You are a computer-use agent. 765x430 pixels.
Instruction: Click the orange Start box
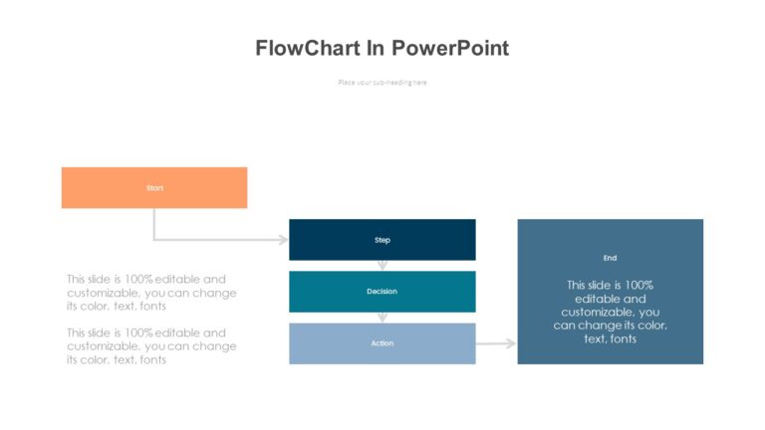(x=153, y=187)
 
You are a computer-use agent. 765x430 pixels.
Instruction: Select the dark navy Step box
(x=382, y=240)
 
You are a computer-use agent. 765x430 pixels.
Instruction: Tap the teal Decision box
(x=382, y=292)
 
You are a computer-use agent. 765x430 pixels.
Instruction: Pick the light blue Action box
(x=382, y=343)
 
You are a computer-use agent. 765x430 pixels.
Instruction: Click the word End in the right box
(x=610, y=258)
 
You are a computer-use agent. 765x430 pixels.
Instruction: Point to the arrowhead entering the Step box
(x=283, y=240)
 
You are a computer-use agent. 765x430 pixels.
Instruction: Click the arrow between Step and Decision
(x=382, y=266)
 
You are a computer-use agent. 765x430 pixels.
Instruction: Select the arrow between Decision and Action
(x=382, y=318)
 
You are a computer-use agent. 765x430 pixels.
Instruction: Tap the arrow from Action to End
(x=496, y=343)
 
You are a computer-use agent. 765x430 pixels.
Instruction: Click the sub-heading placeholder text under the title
(x=382, y=82)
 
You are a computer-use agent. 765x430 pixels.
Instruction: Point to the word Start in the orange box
(x=154, y=187)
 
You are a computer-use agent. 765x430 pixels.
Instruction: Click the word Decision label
(x=382, y=292)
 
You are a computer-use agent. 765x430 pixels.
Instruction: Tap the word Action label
(x=382, y=343)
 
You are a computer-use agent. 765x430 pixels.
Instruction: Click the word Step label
(x=382, y=240)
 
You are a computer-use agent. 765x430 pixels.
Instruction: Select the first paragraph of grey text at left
(x=151, y=293)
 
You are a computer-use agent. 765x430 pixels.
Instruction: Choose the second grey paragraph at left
(x=151, y=346)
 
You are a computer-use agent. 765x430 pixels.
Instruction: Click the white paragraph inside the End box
(x=610, y=312)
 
